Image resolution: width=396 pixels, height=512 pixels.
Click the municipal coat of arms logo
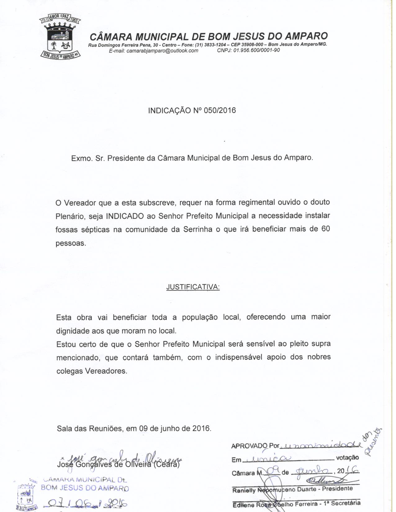60,37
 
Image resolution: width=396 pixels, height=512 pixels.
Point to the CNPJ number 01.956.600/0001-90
256,50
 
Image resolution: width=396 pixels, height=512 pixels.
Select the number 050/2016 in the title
220,110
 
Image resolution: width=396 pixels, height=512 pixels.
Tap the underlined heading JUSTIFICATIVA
193,287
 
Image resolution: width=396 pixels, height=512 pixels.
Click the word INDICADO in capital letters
125,216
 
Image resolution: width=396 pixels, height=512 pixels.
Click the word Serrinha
198,229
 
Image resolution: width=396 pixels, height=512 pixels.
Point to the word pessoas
70,243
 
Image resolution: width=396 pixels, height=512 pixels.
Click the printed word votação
347,457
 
